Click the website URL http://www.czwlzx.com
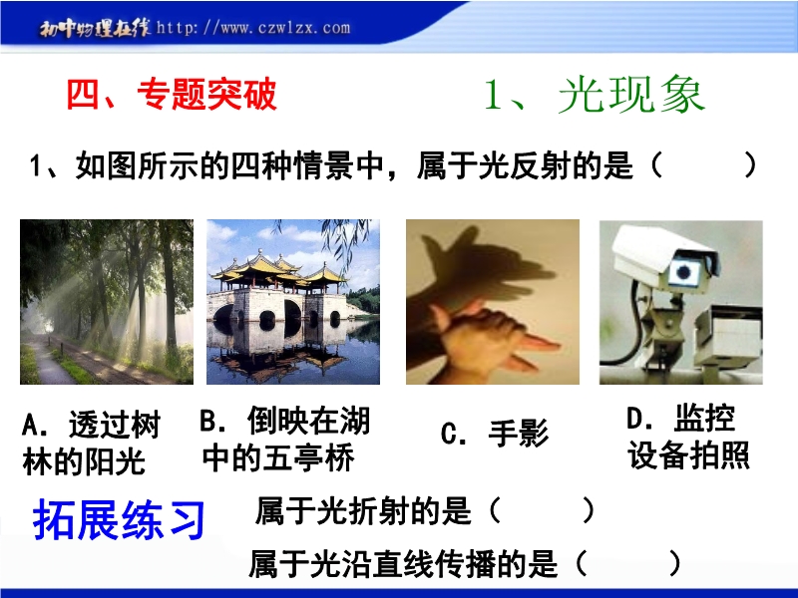coord(253,27)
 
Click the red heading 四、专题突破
coord(172,95)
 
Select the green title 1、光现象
coord(594,95)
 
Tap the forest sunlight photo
coord(107,302)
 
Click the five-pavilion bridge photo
coord(293,302)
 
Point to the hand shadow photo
coord(493,302)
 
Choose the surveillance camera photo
coord(681,302)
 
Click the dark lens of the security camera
coord(683,272)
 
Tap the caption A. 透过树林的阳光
coord(92,443)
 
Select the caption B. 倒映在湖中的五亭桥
coord(285,440)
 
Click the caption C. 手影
coord(495,434)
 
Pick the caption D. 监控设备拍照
coord(688,438)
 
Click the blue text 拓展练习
coord(119,519)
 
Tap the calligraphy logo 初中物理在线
coord(95,29)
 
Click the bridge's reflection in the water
coord(292,351)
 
